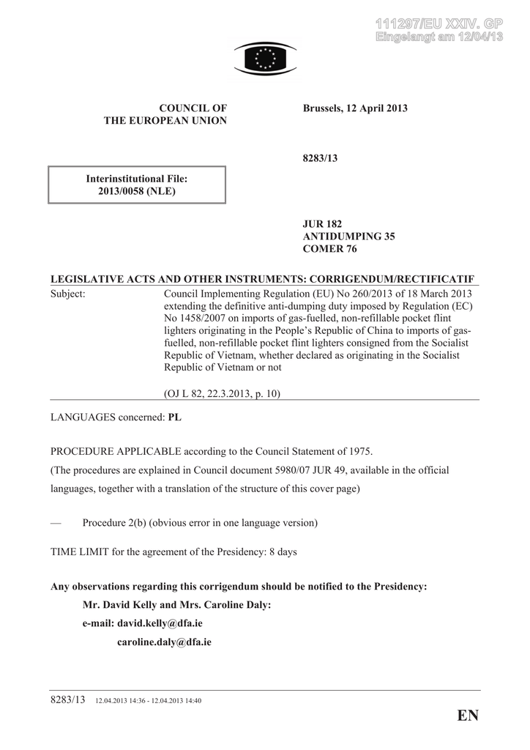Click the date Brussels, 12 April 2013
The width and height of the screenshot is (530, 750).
click(x=355, y=108)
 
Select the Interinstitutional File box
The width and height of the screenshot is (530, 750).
click(x=137, y=185)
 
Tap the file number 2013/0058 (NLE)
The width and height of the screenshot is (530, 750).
click(x=137, y=191)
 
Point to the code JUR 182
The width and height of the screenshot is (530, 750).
click(x=323, y=223)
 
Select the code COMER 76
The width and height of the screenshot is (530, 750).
click(x=330, y=248)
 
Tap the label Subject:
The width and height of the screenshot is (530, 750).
click(x=68, y=294)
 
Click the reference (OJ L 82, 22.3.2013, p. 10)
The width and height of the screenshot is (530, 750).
click(x=223, y=393)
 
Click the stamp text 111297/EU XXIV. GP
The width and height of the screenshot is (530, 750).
click(x=439, y=25)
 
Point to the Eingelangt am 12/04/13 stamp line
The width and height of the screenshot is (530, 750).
click(x=439, y=38)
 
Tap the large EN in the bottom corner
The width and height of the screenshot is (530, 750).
click(x=467, y=716)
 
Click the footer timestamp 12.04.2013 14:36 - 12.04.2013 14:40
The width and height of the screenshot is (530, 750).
click(x=149, y=701)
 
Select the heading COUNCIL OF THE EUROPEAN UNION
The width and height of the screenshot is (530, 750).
click(x=165, y=114)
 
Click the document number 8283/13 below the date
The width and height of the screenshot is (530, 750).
click(x=320, y=158)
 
